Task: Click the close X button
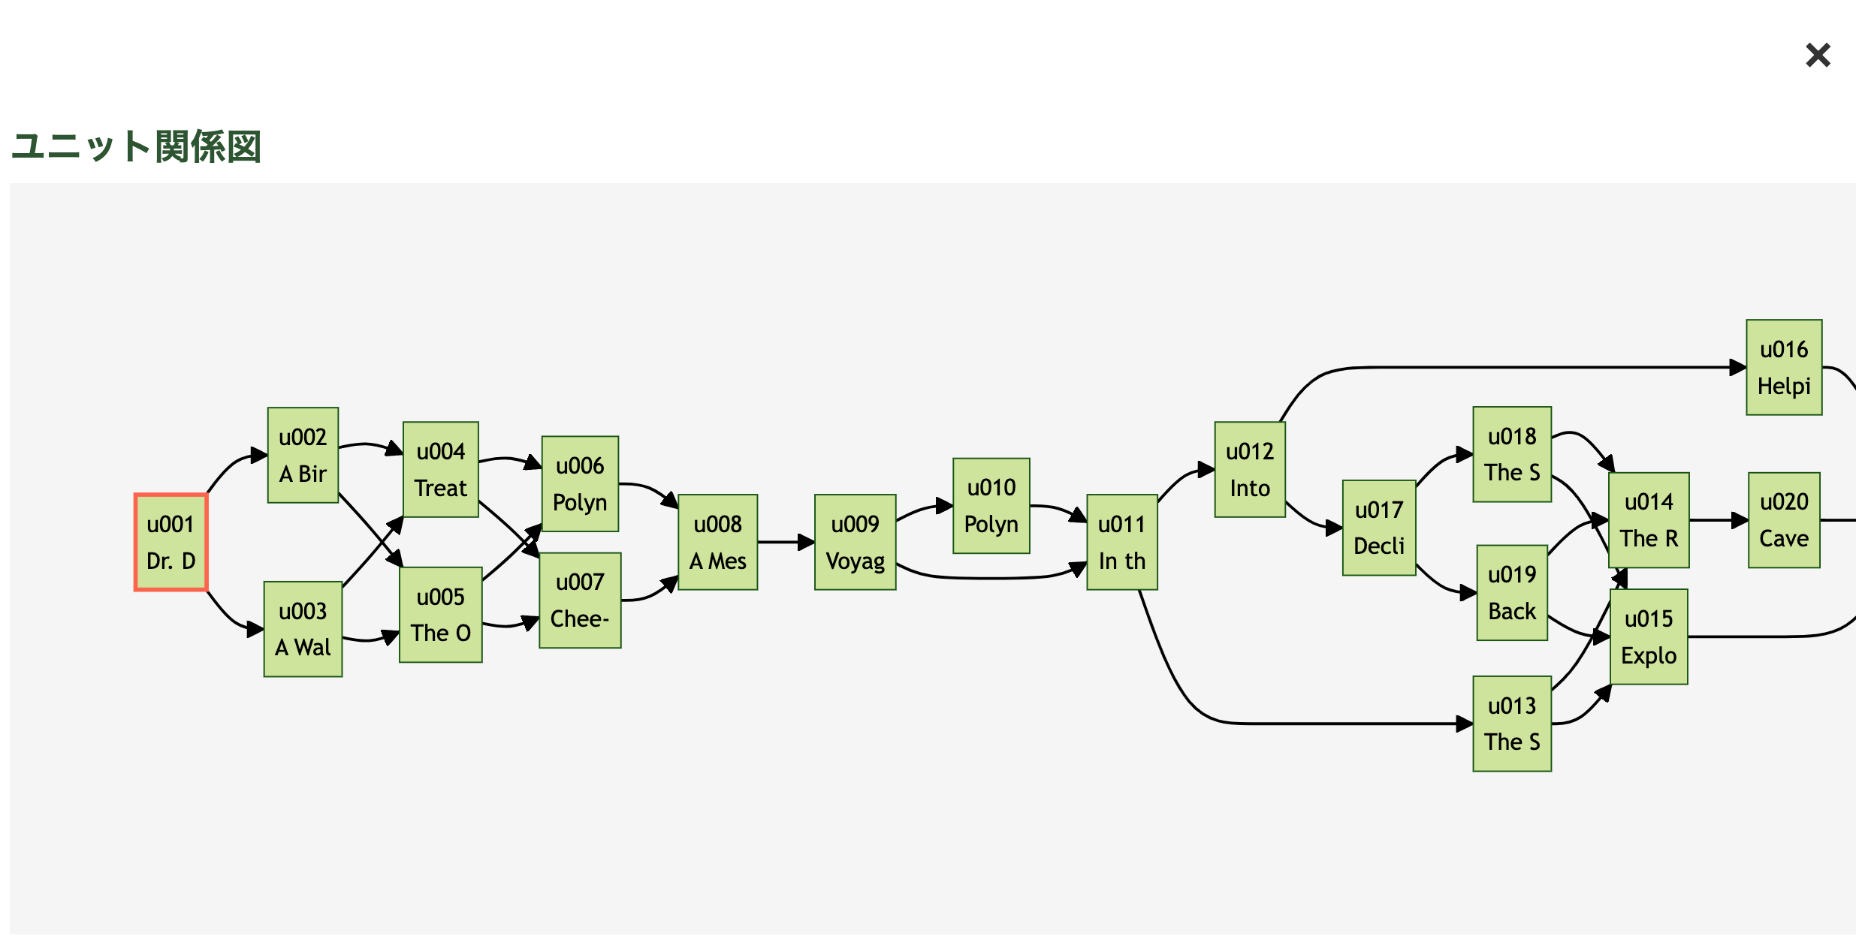click(1818, 55)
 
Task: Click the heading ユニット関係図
click(136, 146)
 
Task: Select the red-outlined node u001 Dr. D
click(171, 542)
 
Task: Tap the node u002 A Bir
click(303, 455)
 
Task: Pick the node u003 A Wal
click(303, 629)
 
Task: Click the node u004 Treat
click(440, 469)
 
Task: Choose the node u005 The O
click(440, 614)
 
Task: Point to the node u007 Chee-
click(580, 600)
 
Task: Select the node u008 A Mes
click(717, 542)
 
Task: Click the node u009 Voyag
click(855, 542)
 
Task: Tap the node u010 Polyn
click(991, 505)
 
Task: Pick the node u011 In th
click(1121, 542)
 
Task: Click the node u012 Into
click(1250, 469)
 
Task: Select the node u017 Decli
click(1379, 527)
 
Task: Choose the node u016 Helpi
click(1784, 367)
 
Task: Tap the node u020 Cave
click(1784, 519)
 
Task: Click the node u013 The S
click(1512, 723)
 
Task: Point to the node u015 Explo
click(1649, 636)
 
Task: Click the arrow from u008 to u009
click(785, 542)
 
